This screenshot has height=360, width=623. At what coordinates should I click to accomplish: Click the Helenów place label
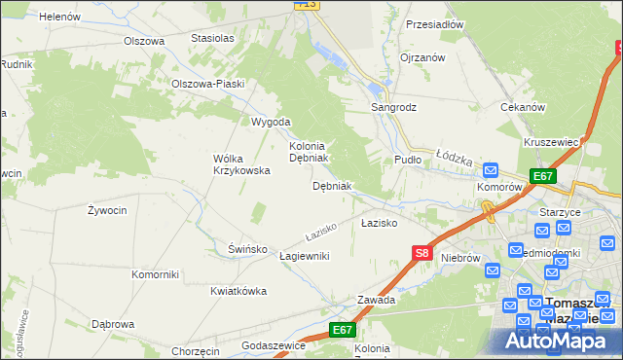[x=60, y=16]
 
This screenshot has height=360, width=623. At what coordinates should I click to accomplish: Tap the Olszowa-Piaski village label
[x=207, y=84]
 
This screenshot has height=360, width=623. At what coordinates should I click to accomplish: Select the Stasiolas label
[x=213, y=38]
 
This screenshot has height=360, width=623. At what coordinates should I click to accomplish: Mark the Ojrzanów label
[x=422, y=57]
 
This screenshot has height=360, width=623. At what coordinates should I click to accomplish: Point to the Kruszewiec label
[x=551, y=142]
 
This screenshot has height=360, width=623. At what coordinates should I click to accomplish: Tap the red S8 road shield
[x=421, y=253]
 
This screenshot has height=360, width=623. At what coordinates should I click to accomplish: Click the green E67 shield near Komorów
[x=543, y=176]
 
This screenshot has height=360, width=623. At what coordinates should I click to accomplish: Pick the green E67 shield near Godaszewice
[x=342, y=331]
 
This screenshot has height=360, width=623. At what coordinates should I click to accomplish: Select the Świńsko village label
[x=247, y=249]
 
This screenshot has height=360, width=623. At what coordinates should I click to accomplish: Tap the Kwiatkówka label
[x=238, y=291]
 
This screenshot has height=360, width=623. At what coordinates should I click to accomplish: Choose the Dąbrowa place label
[x=112, y=324]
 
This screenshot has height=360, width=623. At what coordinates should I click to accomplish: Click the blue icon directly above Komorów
[x=492, y=169]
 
